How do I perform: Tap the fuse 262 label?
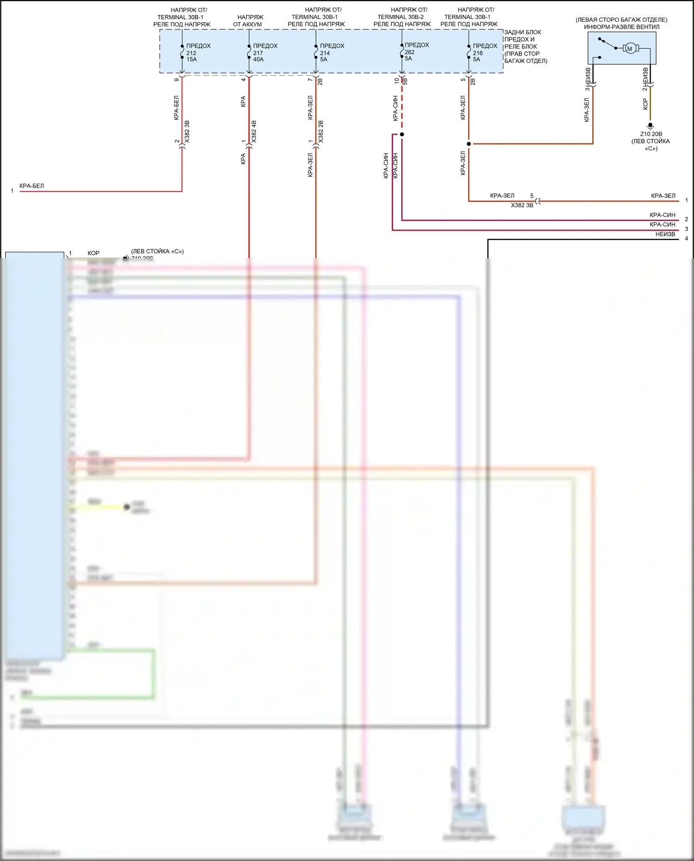[x=416, y=52]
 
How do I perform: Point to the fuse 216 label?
[x=484, y=53]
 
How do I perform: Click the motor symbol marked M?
[x=630, y=49]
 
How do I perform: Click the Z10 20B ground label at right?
[x=651, y=134]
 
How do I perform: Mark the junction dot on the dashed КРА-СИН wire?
[x=402, y=134]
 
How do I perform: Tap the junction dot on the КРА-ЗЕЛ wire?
[x=469, y=144]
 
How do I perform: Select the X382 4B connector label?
[x=254, y=132]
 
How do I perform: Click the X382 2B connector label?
[x=321, y=132]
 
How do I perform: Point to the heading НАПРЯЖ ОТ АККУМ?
[x=249, y=21]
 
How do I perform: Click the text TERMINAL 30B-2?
[x=401, y=17]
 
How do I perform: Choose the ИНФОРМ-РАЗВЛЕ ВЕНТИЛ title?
[x=621, y=27]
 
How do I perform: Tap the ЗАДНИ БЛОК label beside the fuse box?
[x=522, y=32]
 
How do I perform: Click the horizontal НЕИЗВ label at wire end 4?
[x=665, y=234]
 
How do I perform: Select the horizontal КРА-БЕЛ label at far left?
[x=31, y=186]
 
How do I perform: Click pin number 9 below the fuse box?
[x=176, y=80]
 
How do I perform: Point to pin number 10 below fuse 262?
[x=397, y=80]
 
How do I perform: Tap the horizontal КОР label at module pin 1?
[x=93, y=253]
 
